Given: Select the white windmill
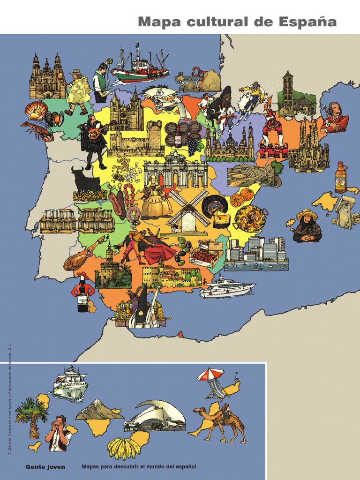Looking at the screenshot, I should (x=187, y=213).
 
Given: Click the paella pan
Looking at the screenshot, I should (x=250, y=218).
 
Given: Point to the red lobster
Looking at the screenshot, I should (x=37, y=131).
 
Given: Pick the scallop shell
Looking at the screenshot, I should (x=37, y=111).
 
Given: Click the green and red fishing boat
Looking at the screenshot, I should (x=139, y=68).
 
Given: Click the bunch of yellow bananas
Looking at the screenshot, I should (x=124, y=448).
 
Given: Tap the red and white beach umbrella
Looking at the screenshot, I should (x=210, y=375).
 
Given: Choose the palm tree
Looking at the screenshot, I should (x=32, y=415).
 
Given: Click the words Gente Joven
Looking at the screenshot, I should (x=45, y=467).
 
